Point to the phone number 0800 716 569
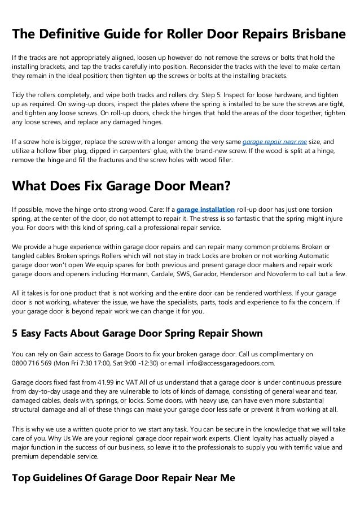click(32, 363)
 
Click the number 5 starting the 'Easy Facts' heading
click(15, 333)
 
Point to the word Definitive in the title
click(69, 34)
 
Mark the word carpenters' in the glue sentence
click(147, 152)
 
